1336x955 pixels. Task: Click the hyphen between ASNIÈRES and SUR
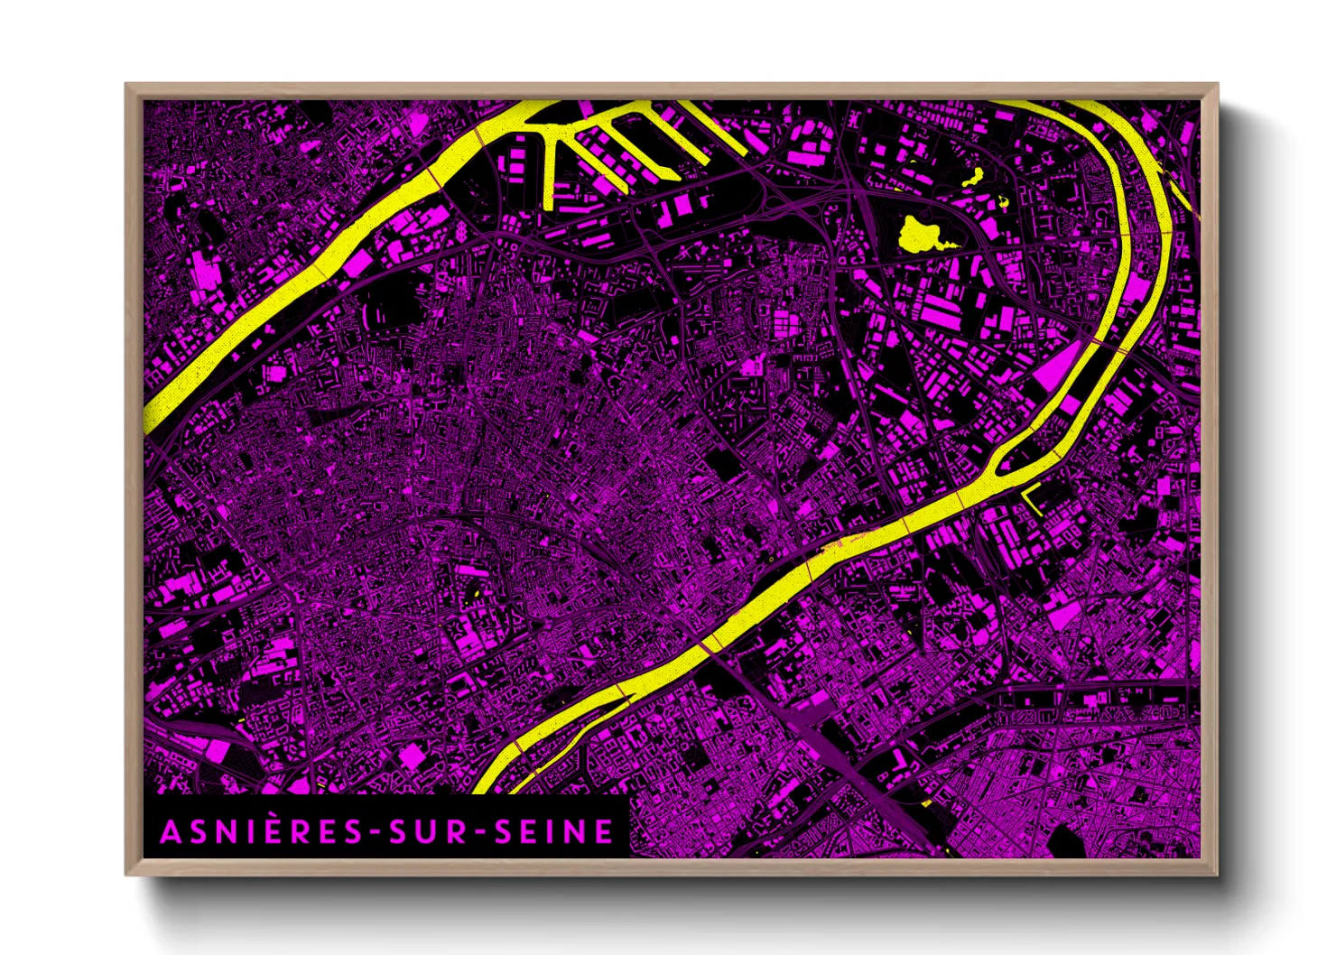click(373, 833)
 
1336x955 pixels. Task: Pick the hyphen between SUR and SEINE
click(481, 833)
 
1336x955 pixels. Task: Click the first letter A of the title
click(170, 831)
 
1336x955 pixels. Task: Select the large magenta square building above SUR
click(412, 756)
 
